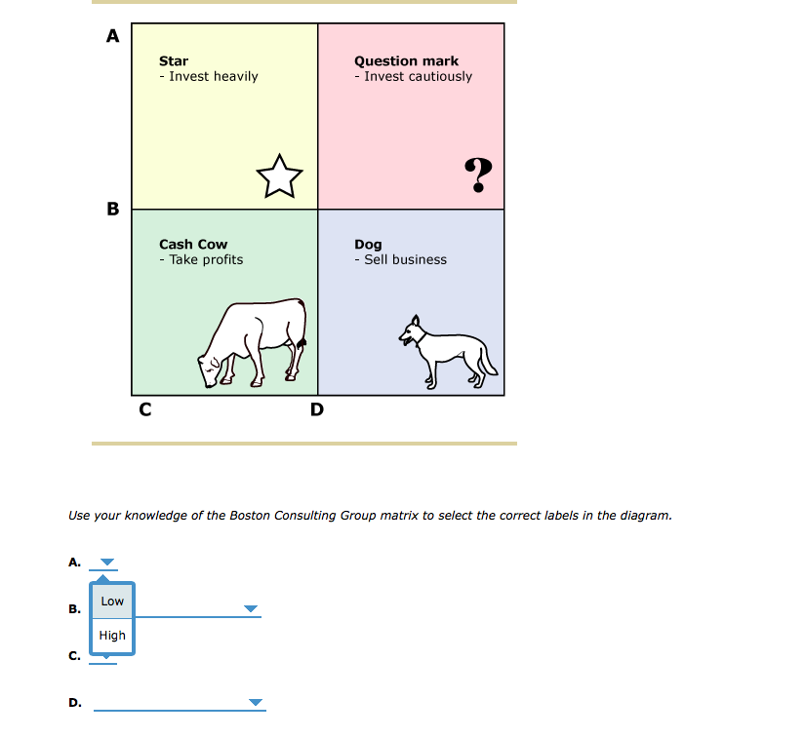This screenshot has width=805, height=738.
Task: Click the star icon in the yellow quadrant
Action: (279, 175)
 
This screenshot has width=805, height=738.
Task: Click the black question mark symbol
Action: (478, 175)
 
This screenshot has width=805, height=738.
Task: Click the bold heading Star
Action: (174, 61)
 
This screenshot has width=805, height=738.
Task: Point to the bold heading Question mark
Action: (406, 61)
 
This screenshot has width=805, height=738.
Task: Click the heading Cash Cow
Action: (193, 245)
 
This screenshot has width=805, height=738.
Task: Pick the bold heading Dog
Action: (368, 245)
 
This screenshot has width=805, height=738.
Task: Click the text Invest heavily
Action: (209, 76)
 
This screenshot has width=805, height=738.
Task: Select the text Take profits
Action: (201, 259)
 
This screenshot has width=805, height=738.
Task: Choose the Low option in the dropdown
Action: (112, 602)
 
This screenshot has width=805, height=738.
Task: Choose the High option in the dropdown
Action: (112, 636)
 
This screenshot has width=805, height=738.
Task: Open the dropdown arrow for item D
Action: (256, 702)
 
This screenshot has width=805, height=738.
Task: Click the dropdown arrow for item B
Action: (252, 609)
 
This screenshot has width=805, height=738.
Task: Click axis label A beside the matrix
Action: (112, 37)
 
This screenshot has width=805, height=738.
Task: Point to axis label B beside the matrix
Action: (112, 209)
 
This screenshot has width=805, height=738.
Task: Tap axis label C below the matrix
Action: (144, 410)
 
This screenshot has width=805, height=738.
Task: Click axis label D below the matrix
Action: (316, 410)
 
